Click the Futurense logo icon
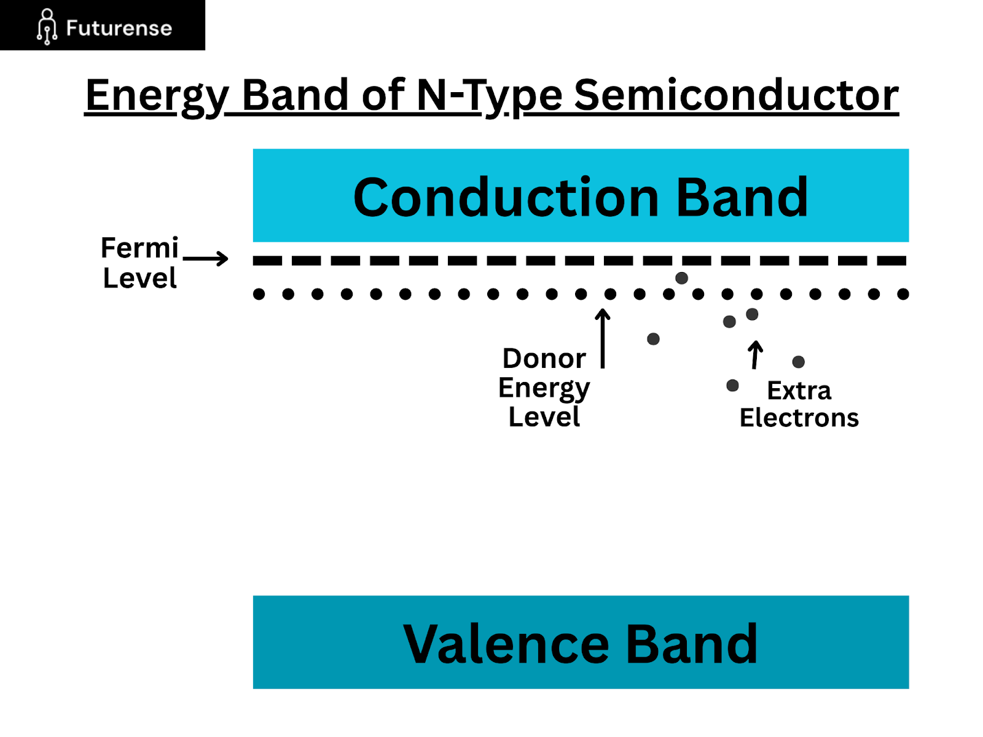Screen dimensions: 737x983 47,26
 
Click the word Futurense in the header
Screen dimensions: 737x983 119,28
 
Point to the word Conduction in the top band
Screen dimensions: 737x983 506,197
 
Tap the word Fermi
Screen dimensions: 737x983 139,248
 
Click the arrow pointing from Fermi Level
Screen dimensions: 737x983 206,259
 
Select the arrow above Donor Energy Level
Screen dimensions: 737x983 603,338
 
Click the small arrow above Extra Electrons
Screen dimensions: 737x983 756,355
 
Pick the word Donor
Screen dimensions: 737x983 544,358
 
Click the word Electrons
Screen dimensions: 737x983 799,418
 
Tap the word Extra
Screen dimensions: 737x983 799,391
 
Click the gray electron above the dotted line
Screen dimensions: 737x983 681,278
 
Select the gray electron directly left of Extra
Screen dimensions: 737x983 732,386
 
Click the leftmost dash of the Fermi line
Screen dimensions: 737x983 267,260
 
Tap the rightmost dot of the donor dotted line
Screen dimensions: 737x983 903,294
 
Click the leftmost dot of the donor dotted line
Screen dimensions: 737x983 259,294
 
